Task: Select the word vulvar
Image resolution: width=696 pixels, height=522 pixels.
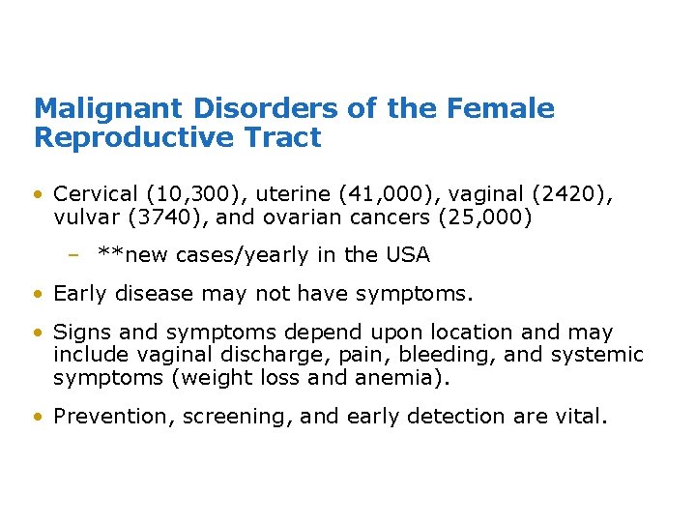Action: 81,217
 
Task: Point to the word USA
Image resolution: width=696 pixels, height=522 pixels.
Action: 407,255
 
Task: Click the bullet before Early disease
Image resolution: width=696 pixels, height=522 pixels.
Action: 37,294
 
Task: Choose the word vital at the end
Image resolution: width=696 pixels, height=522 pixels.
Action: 579,416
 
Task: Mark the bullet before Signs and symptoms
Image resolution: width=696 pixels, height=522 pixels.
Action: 37,333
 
